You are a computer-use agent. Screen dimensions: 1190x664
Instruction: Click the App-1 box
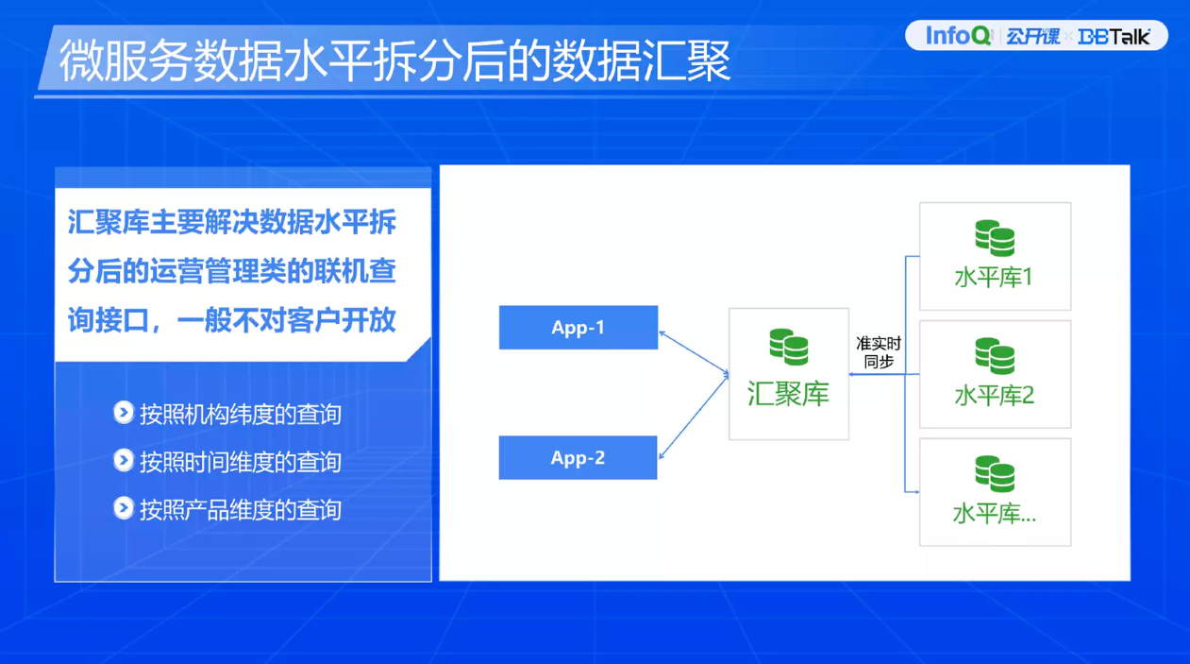[x=578, y=328]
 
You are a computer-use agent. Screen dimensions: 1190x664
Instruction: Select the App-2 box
[x=578, y=458]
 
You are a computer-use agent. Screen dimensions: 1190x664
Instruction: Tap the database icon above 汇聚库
[x=788, y=347]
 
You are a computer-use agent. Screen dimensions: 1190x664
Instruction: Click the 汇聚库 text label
[x=788, y=394]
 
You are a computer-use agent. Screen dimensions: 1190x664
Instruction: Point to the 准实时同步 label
[x=878, y=352]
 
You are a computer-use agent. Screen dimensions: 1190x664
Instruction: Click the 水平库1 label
[x=994, y=278]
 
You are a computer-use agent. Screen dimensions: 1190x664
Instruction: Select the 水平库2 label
[x=994, y=395]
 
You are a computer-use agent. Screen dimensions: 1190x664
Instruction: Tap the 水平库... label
[x=994, y=514]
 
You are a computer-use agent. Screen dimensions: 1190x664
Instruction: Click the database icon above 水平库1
[x=995, y=239]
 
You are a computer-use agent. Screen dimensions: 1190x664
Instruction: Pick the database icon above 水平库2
[x=995, y=356]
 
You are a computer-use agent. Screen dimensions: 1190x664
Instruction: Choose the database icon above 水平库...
[x=995, y=474]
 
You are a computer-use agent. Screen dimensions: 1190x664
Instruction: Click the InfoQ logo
[x=958, y=36]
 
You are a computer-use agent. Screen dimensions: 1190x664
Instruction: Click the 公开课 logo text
[x=1032, y=37]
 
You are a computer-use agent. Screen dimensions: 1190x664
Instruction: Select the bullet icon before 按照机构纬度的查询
[x=124, y=413]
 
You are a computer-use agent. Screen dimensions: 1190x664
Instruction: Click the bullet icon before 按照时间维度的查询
[x=124, y=460]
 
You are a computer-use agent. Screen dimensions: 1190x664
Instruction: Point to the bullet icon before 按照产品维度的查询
[x=124, y=508]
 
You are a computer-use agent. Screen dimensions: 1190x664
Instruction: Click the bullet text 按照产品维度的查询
[x=240, y=510]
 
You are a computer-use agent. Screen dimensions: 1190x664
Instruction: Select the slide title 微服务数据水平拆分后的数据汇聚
[x=394, y=60]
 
